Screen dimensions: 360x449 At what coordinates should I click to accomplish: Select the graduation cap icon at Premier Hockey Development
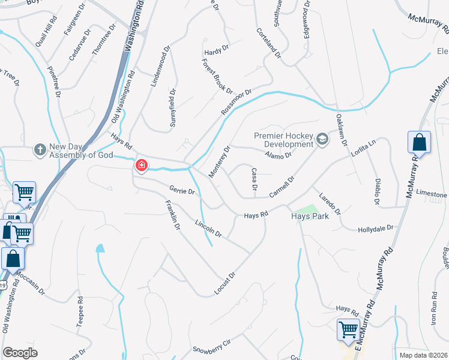point(322,139)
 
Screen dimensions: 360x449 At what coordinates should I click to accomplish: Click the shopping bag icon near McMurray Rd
point(420,143)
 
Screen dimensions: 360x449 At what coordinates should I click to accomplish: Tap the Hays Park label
point(310,216)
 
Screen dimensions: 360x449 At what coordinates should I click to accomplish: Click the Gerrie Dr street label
point(182,191)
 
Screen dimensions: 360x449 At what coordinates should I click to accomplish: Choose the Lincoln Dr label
point(208,228)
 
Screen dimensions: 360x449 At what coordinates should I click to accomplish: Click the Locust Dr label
point(225,284)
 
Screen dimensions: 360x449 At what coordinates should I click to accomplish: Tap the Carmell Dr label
point(283,187)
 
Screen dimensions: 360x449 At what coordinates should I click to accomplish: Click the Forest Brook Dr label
point(217,76)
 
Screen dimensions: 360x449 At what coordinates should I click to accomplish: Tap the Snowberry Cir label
point(211,349)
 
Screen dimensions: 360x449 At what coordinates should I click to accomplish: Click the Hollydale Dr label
point(375,229)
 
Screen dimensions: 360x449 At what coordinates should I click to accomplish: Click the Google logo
point(20,353)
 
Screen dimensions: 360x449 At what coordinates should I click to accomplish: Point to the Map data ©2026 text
point(423,355)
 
